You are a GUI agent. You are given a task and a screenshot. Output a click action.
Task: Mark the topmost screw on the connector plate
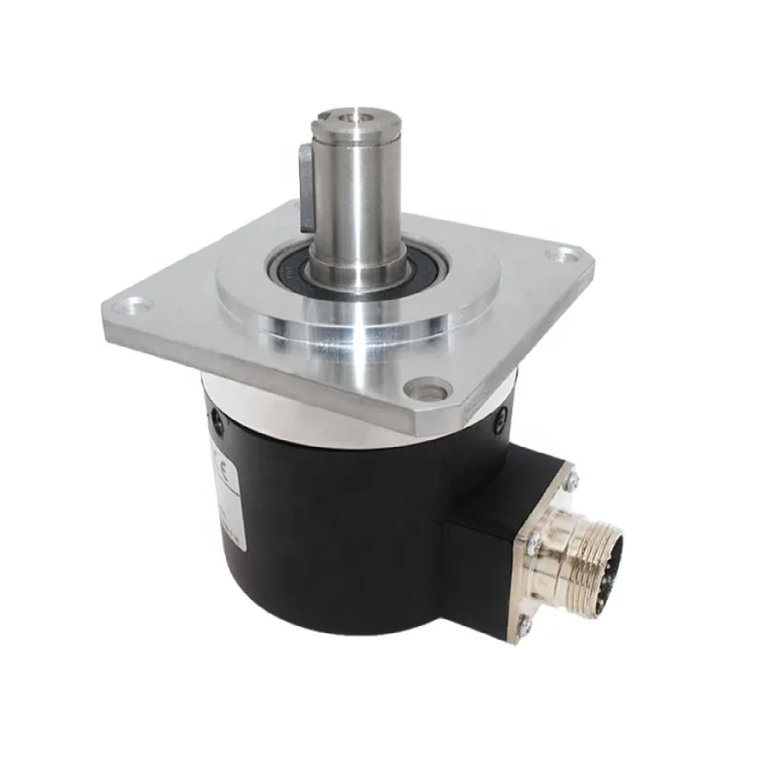[x=573, y=478]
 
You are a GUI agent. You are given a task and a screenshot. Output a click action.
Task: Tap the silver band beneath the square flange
[x=292, y=419]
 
